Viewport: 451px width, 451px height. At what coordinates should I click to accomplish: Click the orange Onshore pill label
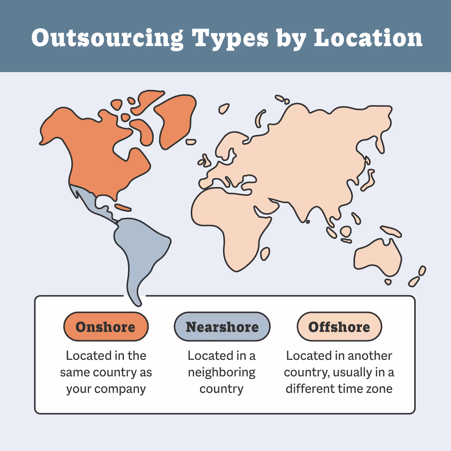[106, 327]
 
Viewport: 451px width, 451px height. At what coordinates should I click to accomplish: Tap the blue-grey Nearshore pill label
[222, 327]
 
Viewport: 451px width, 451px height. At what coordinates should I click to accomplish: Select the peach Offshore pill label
[339, 327]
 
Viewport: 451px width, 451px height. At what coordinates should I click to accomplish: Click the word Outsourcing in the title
[107, 38]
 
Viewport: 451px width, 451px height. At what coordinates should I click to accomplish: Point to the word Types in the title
[230, 38]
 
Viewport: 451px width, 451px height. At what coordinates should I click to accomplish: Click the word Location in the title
[368, 38]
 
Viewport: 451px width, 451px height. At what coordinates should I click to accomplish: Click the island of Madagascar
[265, 254]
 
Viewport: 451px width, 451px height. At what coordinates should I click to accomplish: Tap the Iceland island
[224, 109]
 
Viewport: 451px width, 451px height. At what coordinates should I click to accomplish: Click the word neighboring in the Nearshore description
[222, 372]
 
